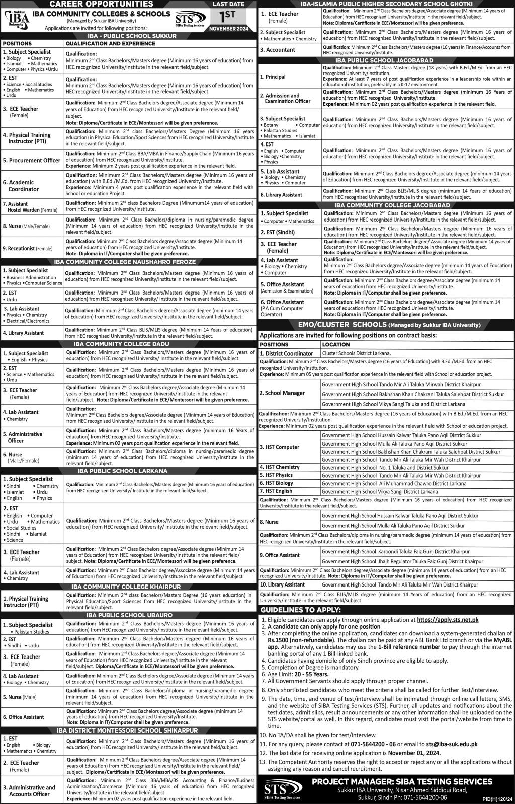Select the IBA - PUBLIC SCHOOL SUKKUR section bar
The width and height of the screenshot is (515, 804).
pyautogui.click(x=128, y=36)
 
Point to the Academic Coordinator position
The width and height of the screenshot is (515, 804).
pyautogui.click(x=21, y=186)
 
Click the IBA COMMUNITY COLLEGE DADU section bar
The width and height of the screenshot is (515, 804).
pyautogui.click(x=128, y=343)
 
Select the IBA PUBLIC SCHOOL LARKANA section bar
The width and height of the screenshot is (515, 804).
pyautogui.click(x=128, y=471)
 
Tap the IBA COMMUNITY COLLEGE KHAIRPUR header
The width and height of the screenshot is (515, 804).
pyautogui.click(x=128, y=587)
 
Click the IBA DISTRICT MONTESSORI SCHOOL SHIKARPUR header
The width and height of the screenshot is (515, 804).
pyautogui.click(x=128, y=730)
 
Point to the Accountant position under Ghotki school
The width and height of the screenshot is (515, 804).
pyautogui.click(x=278, y=50)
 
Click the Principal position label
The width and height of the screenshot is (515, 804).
pyautogui.click(x=273, y=77)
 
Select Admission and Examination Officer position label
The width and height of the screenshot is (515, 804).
pyautogui.click(x=284, y=98)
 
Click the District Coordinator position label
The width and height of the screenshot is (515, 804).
pyautogui.click(x=286, y=354)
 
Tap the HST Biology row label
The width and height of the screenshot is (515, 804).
pyautogui.click(x=277, y=483)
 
